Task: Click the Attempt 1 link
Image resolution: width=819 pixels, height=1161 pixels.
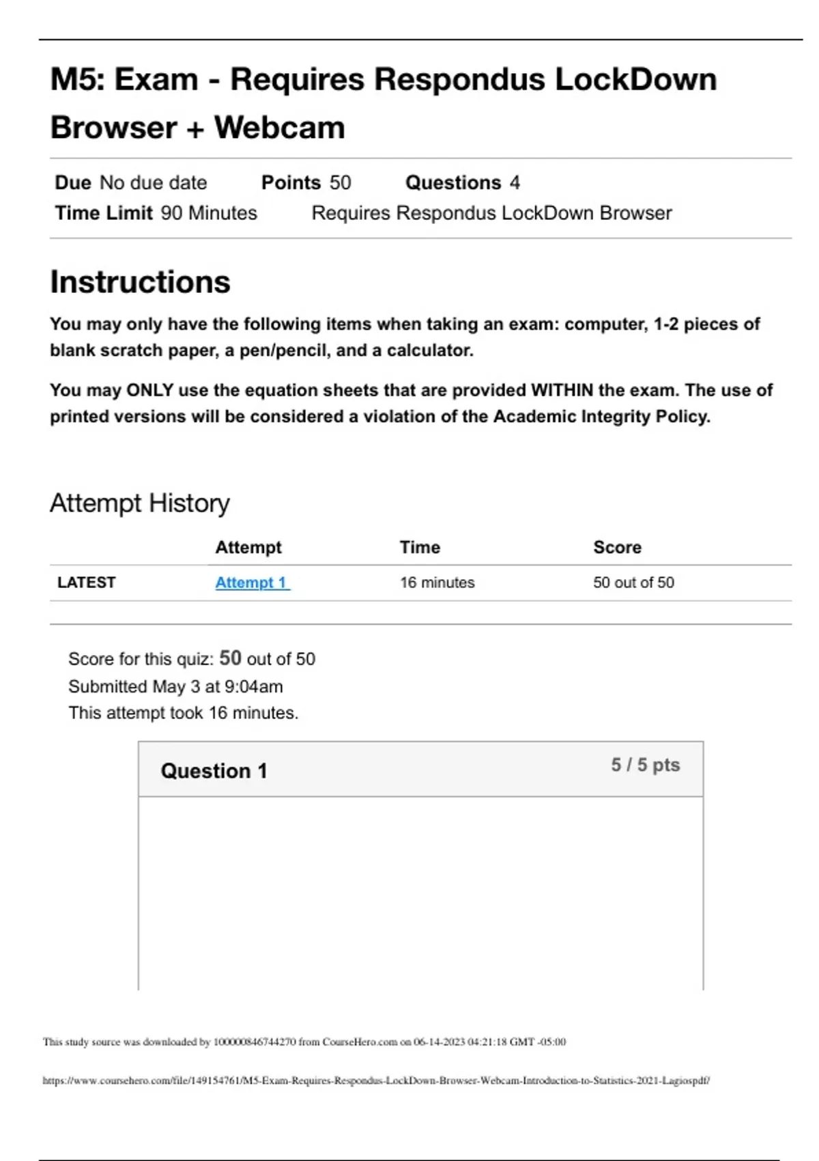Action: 252,583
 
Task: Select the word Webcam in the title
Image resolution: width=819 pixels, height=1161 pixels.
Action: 279,128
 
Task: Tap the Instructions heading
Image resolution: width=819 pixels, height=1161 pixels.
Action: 140,282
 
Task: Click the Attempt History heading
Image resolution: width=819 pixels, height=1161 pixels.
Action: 139,503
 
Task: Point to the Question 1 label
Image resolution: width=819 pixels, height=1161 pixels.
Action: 214,771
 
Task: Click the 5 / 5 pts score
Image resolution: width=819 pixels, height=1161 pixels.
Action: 645,765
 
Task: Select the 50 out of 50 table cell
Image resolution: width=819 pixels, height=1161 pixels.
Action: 633,583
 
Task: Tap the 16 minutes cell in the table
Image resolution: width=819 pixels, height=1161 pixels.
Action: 437,583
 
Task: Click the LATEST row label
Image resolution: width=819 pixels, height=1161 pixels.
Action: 86,583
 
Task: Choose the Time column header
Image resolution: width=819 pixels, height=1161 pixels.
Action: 420,547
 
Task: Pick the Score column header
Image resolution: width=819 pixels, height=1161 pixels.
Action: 617,547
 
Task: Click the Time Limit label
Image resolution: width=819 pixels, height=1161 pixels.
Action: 104,213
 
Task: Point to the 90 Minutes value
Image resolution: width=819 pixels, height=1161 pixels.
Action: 209,213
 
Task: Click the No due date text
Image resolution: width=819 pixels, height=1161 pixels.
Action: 153,183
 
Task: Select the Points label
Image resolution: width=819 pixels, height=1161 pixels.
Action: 291,183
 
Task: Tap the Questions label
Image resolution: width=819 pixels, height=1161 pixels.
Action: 453,183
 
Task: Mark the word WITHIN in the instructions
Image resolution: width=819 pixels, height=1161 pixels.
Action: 562,391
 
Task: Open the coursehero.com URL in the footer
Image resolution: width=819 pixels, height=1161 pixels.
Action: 375,1080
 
